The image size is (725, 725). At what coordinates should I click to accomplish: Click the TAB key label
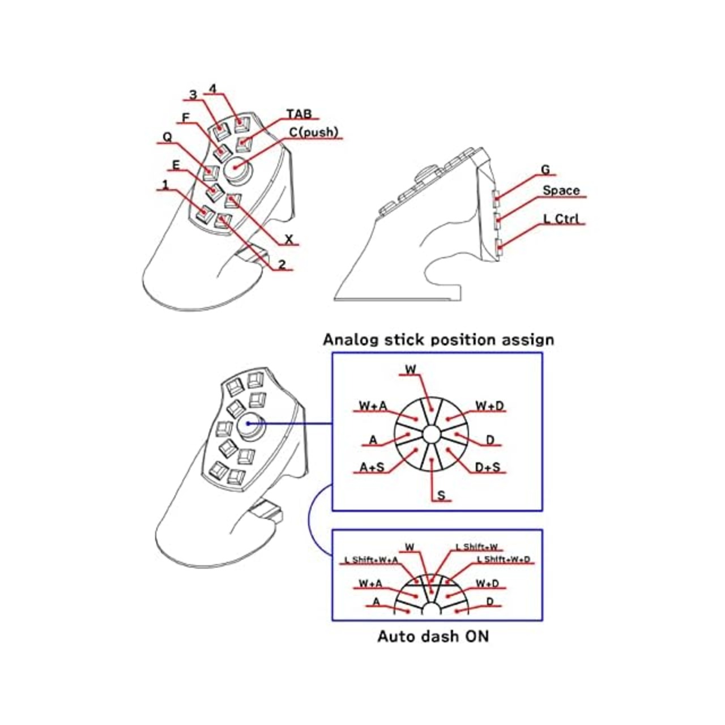point(299,114)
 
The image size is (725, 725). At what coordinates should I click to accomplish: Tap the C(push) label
point(314,132)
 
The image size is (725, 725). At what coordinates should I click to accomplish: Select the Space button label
point(561,191)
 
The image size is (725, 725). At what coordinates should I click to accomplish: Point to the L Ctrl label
point(561,219)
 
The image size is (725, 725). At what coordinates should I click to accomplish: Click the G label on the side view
point(545,170)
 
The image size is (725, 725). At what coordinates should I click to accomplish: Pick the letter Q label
point(167,138)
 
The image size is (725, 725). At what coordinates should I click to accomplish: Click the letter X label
point(288,239)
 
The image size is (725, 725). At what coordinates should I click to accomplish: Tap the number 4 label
point(213,88)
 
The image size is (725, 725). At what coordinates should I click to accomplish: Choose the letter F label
point(185,118)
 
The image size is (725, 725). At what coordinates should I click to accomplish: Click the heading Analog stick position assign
point(438,340)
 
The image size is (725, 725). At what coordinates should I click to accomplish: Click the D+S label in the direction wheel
point(487,467)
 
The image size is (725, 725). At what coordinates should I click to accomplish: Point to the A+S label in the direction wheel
point(372,467)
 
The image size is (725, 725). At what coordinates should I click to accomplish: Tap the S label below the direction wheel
point(441,496)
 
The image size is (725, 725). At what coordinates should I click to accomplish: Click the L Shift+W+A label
point(371,560)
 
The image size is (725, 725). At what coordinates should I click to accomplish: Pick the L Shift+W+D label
point(503,560)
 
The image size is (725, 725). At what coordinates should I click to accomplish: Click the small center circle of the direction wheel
point(431,434)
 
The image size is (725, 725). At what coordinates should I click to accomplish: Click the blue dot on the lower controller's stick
point(248,424)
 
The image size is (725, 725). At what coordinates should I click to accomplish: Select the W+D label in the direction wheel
point(489,406)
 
